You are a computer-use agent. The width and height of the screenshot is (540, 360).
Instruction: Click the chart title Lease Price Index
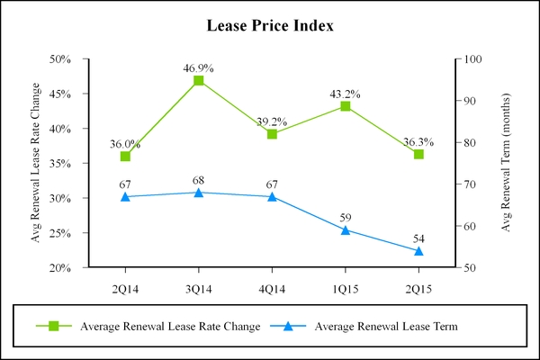pos(270,25)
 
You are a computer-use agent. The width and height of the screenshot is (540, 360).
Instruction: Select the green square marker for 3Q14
pos(199,81)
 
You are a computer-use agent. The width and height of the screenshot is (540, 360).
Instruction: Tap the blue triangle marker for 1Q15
pos(346,229)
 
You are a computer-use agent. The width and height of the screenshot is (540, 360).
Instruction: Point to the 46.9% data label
pos(199,67)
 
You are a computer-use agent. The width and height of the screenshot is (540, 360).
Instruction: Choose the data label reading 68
pos(199,180)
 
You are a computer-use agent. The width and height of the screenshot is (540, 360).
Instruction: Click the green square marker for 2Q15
pos(418,154)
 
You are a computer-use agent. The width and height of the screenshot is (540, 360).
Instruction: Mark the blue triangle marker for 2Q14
pos(125,196)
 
